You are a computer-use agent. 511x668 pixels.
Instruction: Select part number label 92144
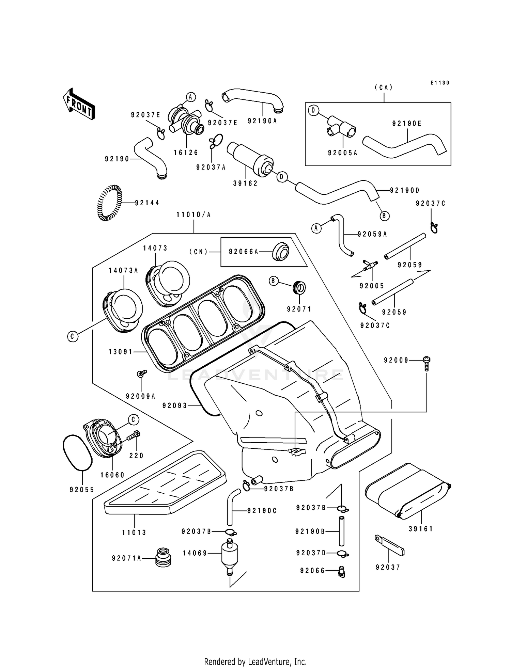pos(147,203)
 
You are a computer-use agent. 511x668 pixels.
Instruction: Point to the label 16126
pos(186,153)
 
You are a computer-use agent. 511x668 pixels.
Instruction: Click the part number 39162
pos(245,184)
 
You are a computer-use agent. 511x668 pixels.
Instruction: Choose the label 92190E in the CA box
pos(407,124)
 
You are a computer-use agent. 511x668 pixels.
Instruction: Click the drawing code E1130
pos(439,83)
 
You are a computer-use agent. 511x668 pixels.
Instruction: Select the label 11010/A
pos(193,215)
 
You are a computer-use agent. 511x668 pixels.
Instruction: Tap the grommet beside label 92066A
pos(280,252)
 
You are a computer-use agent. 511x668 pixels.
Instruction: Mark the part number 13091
pos(121,352)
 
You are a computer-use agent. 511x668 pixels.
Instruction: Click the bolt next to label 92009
pos(427,362)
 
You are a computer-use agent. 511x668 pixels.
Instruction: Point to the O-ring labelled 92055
pos(77,453)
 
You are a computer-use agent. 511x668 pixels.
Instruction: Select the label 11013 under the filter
pos(134,532)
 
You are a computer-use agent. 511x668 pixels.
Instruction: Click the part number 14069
pos(195,553)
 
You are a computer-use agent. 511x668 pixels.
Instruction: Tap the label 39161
pos(421,529)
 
